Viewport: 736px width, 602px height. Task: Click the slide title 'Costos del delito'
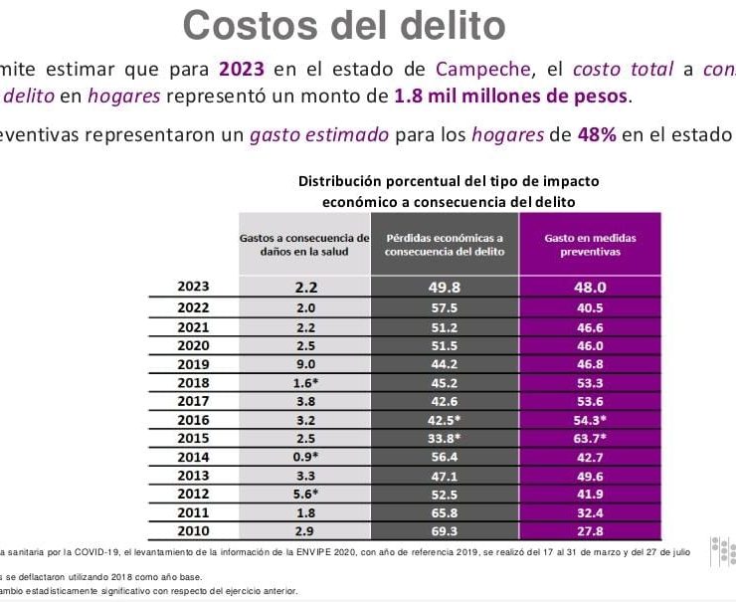[x=344, y=24]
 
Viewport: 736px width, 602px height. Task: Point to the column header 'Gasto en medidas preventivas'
[x=590, y=245]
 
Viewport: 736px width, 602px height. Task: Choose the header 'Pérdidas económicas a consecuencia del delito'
[x=445, y=245]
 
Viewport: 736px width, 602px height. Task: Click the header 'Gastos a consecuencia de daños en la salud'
[x=304, y=245]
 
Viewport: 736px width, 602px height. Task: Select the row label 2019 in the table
[x=193, y=364]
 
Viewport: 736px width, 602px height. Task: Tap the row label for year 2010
[x=193, y=532]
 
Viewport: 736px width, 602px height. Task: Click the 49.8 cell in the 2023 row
[x=445, y=288]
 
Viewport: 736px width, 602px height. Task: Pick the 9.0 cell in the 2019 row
[x=304, y=364]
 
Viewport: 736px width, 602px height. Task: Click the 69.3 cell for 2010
[x=445, y=532]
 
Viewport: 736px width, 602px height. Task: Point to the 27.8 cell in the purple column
[x=590, y=532]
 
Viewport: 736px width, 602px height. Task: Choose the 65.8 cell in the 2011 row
[x=445, y=513]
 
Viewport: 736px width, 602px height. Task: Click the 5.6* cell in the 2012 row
[x=304, y=495]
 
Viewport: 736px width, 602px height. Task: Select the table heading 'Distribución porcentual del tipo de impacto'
[x=449, y=181]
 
